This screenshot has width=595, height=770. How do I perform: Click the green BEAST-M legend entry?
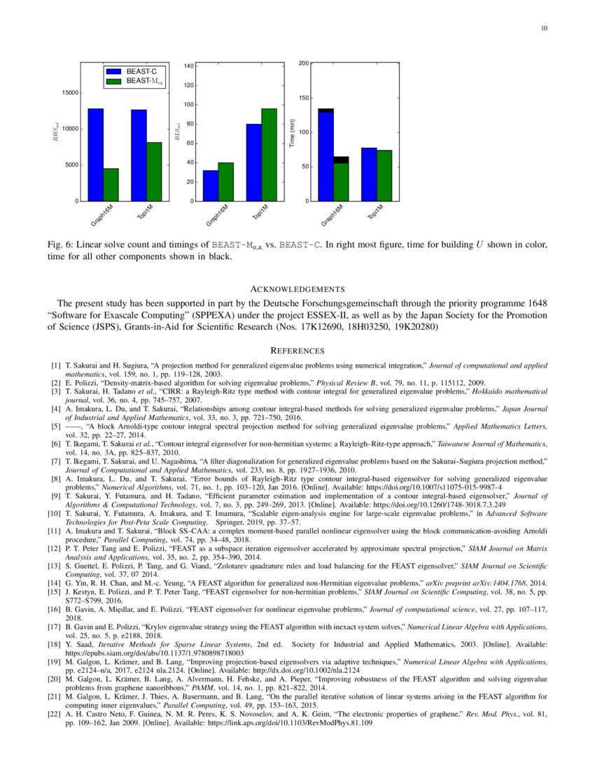pos(144,82)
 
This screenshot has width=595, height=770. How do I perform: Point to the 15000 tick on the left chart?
pos(69,92)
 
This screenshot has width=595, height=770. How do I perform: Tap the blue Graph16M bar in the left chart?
pos(95,155)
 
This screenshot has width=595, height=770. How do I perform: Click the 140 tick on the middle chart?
pos(189,66)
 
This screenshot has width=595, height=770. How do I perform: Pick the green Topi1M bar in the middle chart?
pos(269,155)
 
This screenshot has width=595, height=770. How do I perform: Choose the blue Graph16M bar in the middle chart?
pos(210,185)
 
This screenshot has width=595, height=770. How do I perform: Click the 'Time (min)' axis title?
pos(291,132)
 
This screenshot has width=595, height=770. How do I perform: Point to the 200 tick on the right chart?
pos(304,64)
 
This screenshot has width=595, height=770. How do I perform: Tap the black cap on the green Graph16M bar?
pos(341,160)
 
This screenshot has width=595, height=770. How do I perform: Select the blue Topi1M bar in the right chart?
pos(369,174)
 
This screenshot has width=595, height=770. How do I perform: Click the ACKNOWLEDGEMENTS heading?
pos(297,289)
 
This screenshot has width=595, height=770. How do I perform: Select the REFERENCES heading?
pos(297,350)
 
